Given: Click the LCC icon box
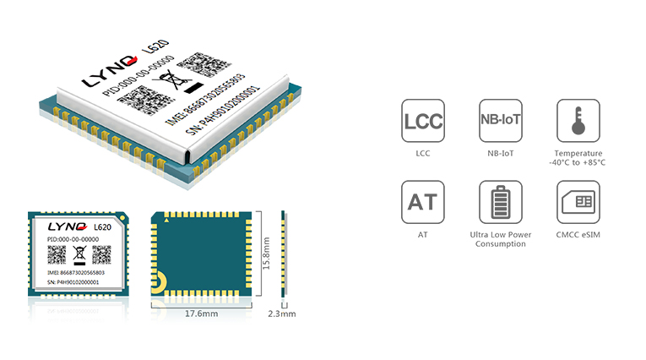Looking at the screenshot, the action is (x=423, y=120).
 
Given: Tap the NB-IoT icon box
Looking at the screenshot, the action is (x=501, y=120).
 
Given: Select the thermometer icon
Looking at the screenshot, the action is (x=578, y=120).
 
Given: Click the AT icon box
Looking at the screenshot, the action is (x=423, y=202).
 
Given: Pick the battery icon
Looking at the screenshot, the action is (x=501, y=202).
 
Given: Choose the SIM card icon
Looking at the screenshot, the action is (x=578, y=202).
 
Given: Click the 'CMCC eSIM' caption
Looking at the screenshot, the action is (x=578, y=235).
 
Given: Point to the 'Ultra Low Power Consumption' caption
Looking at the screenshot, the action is (x=501, y=239).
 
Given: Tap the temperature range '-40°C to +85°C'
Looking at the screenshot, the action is (x=578, y=162).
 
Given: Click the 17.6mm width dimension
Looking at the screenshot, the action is (x=201, y=314).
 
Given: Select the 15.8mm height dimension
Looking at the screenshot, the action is (x=266, y=254).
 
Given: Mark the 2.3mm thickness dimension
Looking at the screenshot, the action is (x=282, y=314).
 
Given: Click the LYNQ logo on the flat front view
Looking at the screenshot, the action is (x=68, y=226).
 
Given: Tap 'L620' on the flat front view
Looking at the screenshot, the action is (x=102, y=227).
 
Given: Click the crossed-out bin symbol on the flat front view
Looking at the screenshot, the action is (x=79, y=255).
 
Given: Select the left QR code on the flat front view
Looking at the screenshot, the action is (x=57, y=255).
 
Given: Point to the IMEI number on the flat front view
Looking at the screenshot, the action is (x=76, y=273).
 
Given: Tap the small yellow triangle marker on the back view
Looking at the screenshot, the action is (x=166, y=221).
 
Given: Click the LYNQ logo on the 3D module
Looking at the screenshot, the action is (x=109, y=71).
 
